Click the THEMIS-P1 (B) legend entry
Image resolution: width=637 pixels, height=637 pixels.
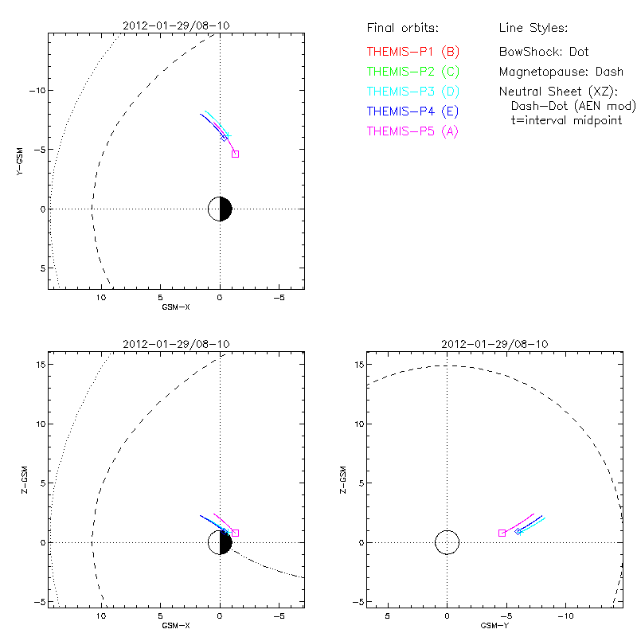point(413,52)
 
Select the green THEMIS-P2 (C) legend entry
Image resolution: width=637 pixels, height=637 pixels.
point(413,72)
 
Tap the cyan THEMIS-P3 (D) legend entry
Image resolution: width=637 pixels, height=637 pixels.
point(413,92)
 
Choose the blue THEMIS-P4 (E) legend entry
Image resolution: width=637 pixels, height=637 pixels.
point(413,111)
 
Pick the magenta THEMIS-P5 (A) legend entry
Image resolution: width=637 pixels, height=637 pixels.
point(413,131)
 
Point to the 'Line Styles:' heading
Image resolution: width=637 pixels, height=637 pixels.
point(533,29)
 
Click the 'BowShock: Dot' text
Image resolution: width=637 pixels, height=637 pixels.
point(544,52)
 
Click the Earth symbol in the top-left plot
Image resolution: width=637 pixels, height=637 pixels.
point(220,209)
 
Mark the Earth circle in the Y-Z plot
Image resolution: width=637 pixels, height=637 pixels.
point(447,542)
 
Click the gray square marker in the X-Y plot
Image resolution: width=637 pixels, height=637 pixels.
point(235,154)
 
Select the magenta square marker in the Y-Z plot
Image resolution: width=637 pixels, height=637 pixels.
point(502,533)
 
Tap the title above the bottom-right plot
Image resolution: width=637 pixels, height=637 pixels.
point(494,344)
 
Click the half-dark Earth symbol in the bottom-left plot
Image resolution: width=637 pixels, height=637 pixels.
point(220,542)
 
